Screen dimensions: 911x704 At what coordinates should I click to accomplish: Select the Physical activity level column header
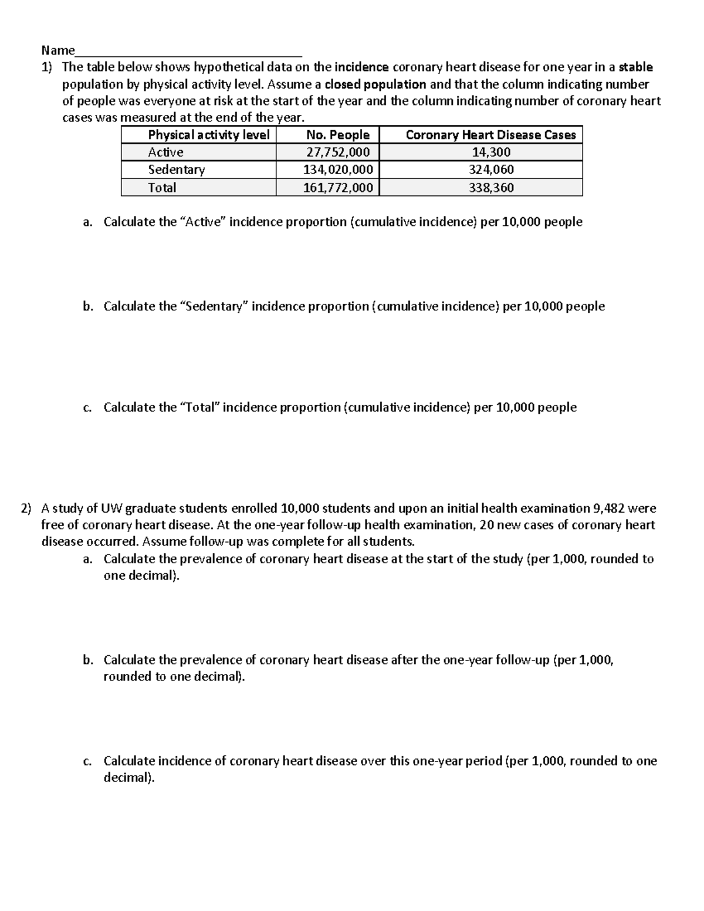coord(208,135)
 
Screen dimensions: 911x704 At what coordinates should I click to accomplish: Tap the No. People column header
coord(338,135)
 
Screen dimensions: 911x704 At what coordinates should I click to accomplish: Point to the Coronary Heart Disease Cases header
coord(490,135)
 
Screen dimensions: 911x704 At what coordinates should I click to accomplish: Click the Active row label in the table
coord(165,153)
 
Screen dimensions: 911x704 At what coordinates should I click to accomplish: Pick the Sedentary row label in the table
coord(176,170)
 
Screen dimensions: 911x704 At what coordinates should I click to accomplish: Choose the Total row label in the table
coord(162,188)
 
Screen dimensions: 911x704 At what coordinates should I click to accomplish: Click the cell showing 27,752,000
coord(338,153)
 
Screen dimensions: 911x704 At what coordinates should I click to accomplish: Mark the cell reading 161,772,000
coord(338,188)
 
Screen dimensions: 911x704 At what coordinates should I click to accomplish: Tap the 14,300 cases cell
coord(491,153)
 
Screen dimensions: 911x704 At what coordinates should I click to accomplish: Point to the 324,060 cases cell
coord(491,170)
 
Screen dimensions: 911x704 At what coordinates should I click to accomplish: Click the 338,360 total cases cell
coord(491,188)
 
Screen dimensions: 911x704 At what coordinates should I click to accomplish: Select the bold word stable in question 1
coord(636,67)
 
